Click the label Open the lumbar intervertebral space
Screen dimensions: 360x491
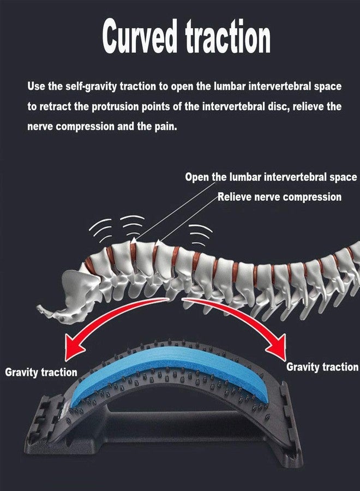click(271, 177)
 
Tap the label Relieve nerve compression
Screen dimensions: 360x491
click(280, 197)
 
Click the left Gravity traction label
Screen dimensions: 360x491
click(41, 372)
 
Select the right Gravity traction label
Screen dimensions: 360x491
click(322, 367)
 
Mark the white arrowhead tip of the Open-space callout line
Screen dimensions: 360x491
click(134, 239)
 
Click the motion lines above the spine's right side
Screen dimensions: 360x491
click(200, 233)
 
